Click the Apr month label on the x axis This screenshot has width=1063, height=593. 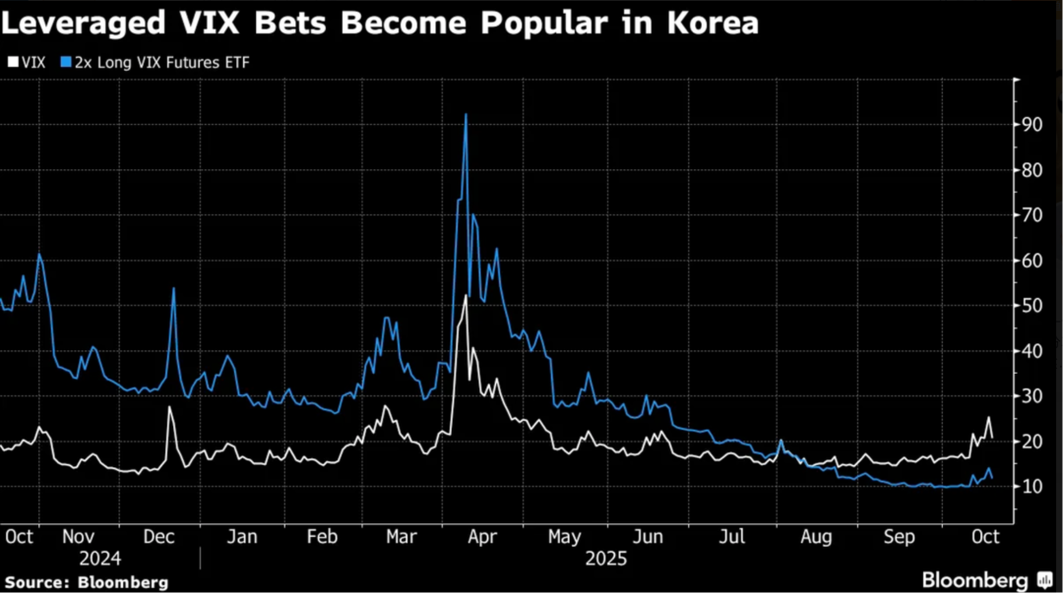tap(481, 537)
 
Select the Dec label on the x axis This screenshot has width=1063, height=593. tap(158, 537)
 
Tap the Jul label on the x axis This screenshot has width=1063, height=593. tap(730, 537)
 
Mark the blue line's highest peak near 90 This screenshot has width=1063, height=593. tap(466, 115)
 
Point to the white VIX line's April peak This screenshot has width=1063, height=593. tap(465, 296)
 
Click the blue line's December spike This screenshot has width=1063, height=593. tap(173, 288)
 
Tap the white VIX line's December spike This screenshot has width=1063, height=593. tap(169, 407)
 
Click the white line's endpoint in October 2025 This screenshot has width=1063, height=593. tap(991, 437)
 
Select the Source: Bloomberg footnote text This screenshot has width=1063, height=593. tap(85, 582)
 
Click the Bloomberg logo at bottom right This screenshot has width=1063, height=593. tap(974, 580)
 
